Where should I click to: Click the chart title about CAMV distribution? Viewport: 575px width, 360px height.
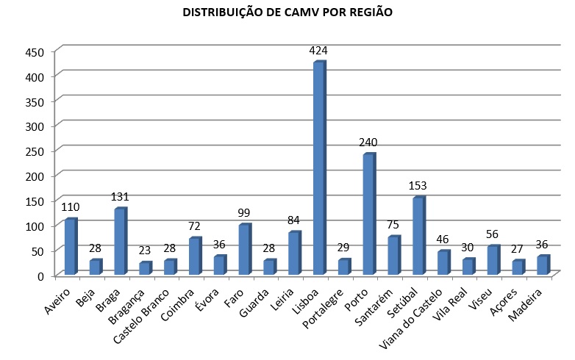coord(288,13)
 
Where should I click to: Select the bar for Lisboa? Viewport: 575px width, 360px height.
coord(319,169)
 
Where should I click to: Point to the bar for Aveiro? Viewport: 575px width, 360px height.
coord(71,247)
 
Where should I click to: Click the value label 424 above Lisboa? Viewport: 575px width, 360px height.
coord(319,51)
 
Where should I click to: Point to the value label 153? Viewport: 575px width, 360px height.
coord(418,186)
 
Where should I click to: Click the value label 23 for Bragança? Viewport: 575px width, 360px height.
coord(145,251)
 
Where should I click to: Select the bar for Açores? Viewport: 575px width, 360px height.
coord(518,267)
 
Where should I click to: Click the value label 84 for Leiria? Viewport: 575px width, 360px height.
coord(294,220)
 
